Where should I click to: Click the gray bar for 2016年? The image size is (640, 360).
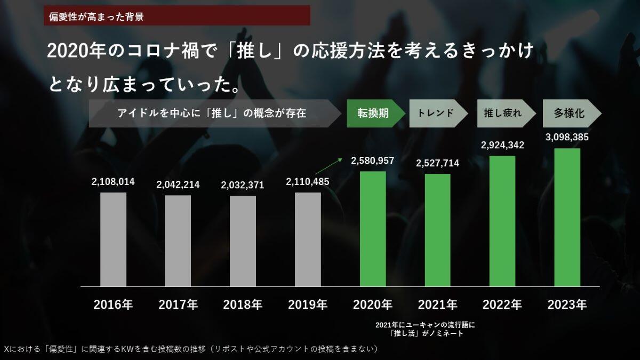[113, 239]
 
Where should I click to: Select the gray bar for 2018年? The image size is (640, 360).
[243, 241]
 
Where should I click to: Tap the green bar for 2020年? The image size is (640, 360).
[373, 229]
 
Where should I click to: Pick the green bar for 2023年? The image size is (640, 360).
[567, 217]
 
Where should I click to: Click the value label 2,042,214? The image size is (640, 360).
[178, 185]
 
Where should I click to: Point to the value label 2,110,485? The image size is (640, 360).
[308, 182]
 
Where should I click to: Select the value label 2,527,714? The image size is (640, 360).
[437, 163]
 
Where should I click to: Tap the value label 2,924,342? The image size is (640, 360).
[502, 145]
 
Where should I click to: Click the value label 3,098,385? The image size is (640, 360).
[567, 137]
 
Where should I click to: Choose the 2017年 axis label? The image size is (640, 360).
[178, 305]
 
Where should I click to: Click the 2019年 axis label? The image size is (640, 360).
[308, 305]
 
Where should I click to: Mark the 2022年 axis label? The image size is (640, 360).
[502, 305]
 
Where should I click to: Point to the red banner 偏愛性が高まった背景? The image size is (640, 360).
[177, 15]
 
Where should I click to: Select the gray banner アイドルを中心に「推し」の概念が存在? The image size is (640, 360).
[213, 113]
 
